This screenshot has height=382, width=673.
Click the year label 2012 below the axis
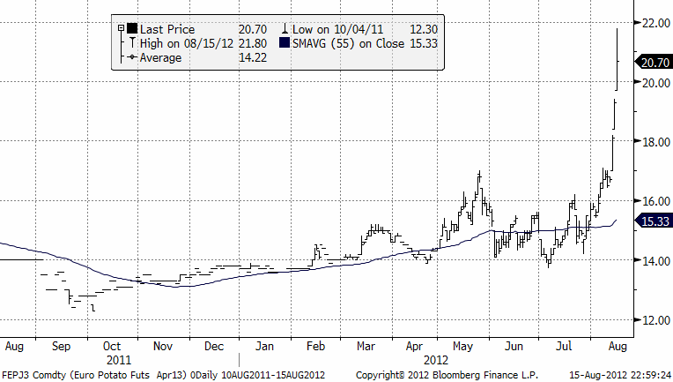434,359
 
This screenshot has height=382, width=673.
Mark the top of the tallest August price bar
616,29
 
